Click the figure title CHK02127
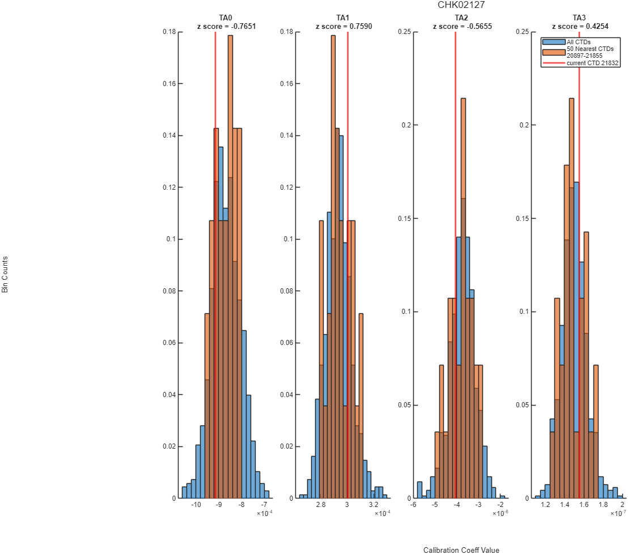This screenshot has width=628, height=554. point(461,5)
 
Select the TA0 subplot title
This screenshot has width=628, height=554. point(226,18)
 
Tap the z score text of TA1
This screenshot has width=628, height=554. point(343,27)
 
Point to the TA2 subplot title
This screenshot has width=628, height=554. point(461,18)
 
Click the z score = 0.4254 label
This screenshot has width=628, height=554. point(580,27)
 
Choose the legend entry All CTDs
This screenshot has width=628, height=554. point(578,42)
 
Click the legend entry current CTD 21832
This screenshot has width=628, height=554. point(592,63)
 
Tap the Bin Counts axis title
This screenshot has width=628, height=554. point(5,275)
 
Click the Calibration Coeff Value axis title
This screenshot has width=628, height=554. point(461,550)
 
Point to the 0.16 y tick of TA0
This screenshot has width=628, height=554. point(169,84)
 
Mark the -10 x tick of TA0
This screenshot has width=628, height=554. point(196,505)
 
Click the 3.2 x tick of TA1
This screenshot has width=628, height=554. point(374,505)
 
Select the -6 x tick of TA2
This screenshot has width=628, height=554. point(413,505)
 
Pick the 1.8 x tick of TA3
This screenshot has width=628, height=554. point(603,505)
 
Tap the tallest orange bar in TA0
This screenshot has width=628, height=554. point(230,267)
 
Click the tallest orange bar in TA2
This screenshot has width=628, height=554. point(463,298)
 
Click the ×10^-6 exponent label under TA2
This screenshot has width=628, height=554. point(500,513)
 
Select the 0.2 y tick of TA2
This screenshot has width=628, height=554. point(406,125)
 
